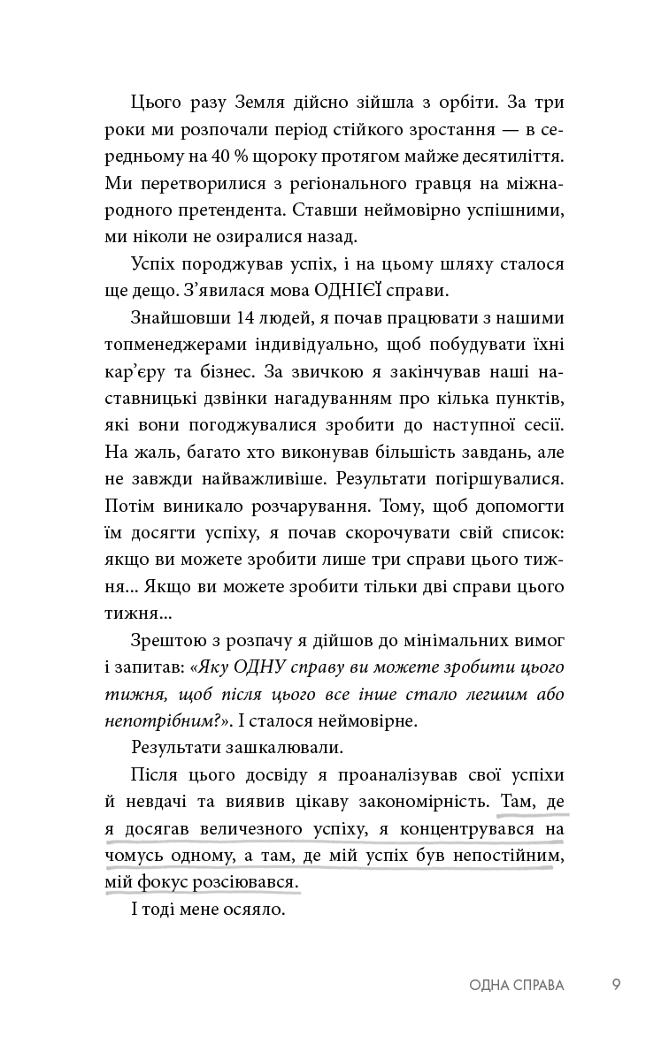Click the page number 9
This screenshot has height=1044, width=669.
[x=616, y=984]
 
